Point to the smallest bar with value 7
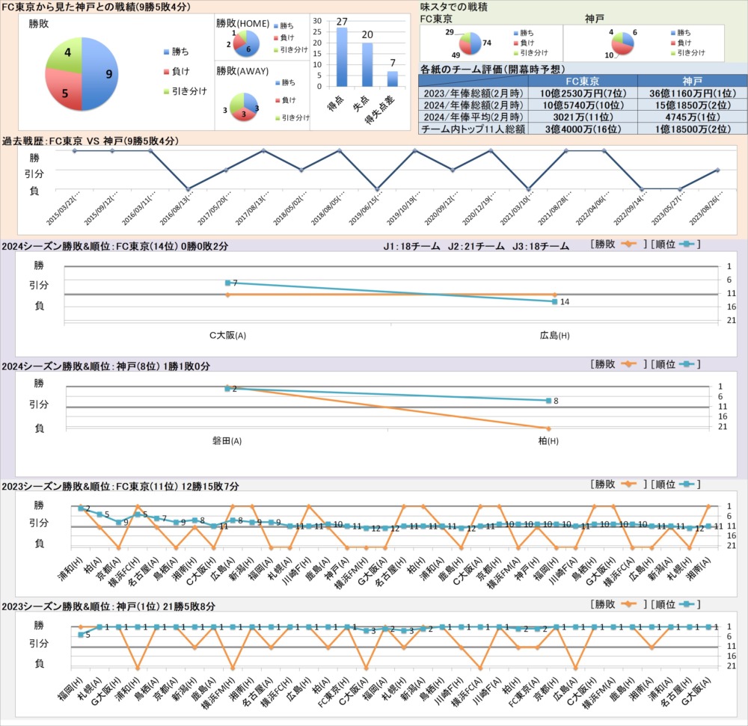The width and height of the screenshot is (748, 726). pos(393,79)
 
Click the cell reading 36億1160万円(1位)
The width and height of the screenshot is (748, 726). pos(687,93)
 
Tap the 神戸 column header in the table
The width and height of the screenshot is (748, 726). pos(687,81)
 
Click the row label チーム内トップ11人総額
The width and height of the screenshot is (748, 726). pos(473,129)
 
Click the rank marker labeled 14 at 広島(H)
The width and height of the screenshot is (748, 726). pos(554,301)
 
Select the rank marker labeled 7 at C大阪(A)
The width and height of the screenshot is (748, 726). pos(227,283)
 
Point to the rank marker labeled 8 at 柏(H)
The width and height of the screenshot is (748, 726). pos(548,401)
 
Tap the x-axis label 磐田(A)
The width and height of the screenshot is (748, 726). pos(227,441)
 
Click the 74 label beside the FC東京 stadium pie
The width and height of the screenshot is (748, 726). pos(486,43)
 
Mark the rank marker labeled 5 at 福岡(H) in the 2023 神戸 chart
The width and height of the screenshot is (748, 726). pos(81,634)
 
